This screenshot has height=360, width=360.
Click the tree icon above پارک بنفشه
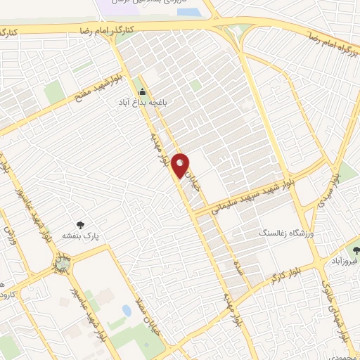coord(79,225)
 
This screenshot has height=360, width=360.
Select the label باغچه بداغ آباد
coord(143,102)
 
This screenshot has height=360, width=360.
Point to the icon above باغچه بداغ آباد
coord(143,91)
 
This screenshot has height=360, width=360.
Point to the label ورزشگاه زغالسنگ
coord(283,231)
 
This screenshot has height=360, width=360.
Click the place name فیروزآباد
coord(345,261)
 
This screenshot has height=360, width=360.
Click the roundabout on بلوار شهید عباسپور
coord(63,264)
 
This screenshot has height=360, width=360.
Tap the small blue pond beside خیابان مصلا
coord(127,309)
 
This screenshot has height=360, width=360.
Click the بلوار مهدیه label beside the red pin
coord(159,151)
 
